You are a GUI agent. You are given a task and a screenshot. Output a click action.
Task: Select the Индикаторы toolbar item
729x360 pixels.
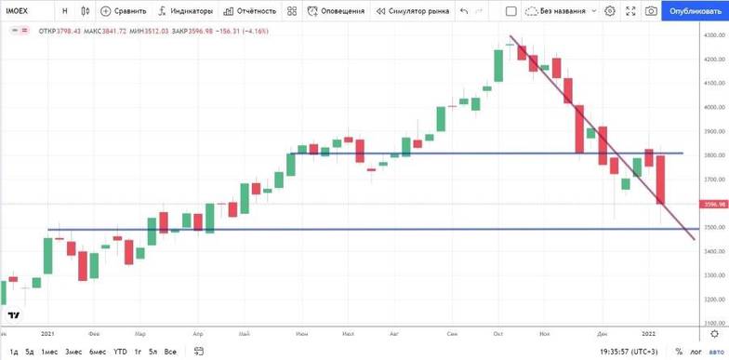click(185, 11)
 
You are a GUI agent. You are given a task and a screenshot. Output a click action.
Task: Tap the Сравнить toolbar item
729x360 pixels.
click(125, 11)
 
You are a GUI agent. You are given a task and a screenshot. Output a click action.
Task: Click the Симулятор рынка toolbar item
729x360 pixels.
click(412, 11)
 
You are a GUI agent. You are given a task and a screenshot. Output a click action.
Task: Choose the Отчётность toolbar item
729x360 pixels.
click(251, 11)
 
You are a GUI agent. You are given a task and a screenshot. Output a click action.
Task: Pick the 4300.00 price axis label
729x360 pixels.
click(715, 35)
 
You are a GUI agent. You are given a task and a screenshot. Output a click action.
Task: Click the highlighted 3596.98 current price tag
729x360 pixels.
click(714, 205)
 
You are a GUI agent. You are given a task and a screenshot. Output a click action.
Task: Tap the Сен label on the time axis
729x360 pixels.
click(452, 331)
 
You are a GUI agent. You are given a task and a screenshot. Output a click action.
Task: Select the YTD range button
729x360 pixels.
click(120, 352)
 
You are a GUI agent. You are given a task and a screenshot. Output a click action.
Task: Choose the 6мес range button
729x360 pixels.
click(98, 352)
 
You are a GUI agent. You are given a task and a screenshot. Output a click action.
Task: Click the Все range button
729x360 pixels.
click(170, 352)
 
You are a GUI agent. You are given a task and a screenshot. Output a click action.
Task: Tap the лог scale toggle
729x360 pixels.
click(695, 352)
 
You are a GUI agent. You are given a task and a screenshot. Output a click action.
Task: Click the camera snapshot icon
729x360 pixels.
click(651, 11)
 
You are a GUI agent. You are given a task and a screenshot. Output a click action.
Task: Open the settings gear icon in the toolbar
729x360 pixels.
click(610, 11)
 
